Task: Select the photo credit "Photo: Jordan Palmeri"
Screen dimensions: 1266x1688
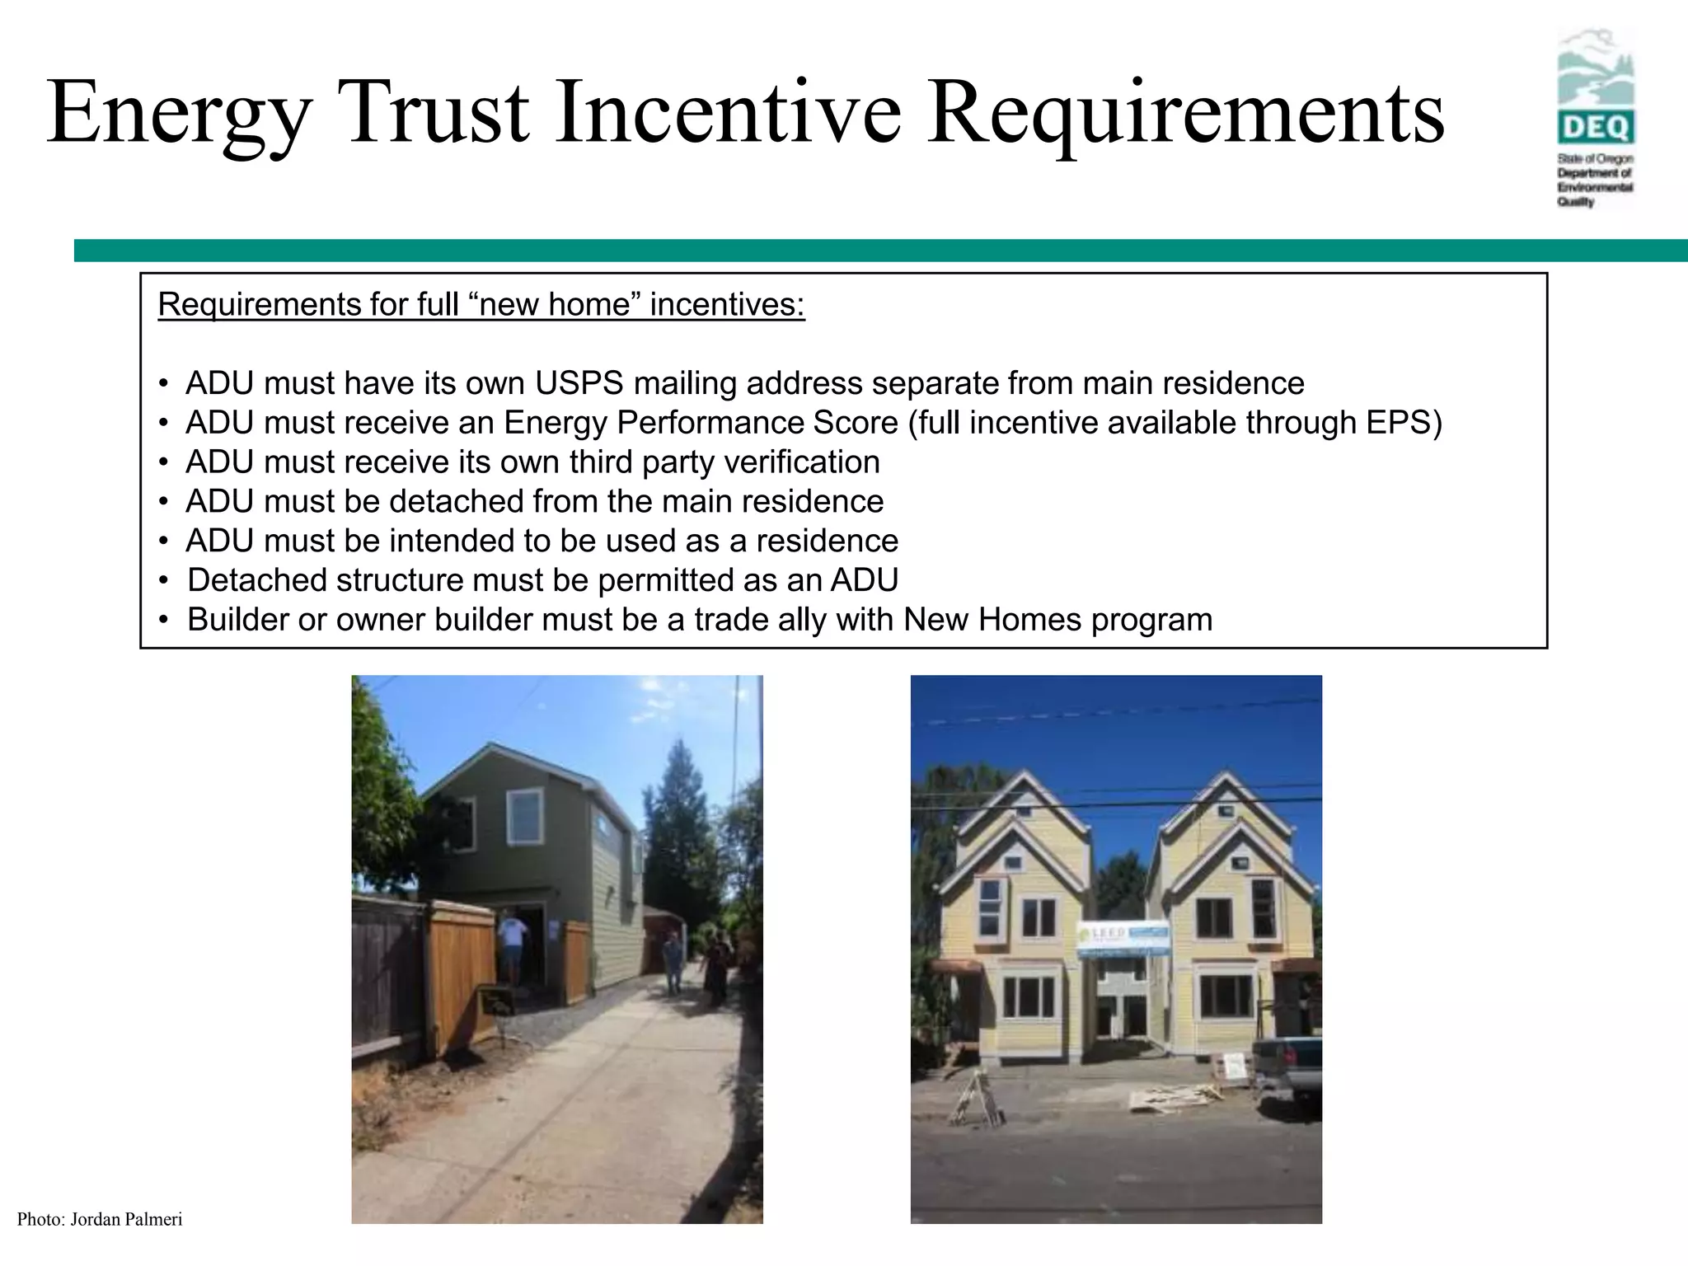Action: [100, 1220]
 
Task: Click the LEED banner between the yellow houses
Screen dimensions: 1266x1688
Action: [1123, 939]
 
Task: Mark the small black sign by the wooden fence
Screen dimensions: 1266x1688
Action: [496, 1001]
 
